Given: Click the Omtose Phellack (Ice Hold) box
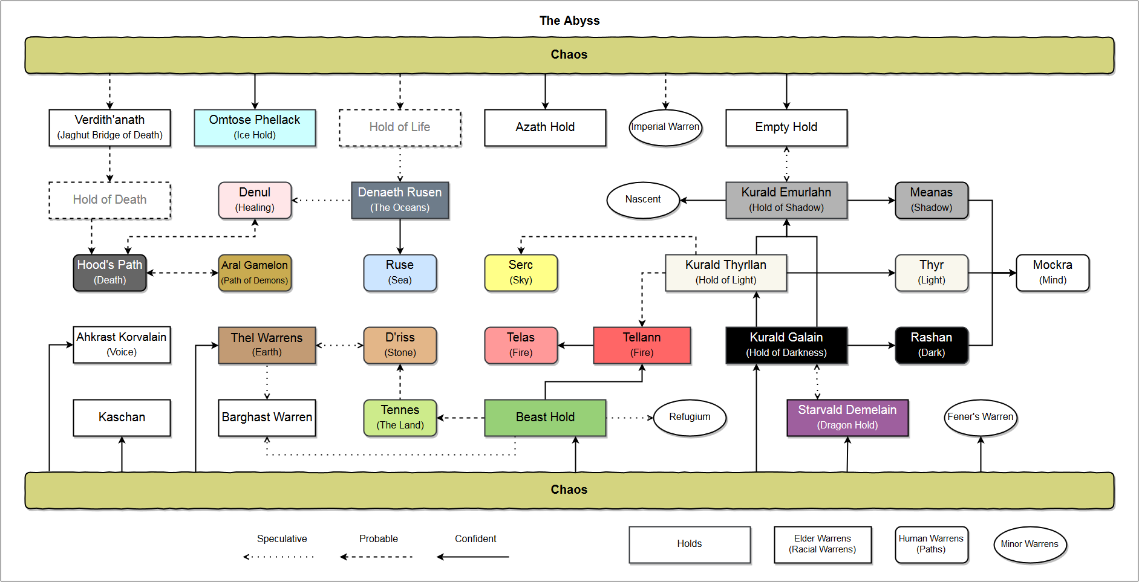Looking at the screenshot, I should tap(255, 128).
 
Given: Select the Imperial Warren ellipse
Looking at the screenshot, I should tap(665, 128).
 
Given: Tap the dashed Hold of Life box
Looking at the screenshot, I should tap(400, 128).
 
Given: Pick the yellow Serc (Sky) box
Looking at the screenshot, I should tap(521, 273).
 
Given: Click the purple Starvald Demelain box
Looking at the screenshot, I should tap(847, 418).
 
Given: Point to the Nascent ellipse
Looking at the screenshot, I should tap(643, 200).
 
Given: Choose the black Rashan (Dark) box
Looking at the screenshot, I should tap(932, 345).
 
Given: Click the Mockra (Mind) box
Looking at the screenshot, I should tap(1053, 273).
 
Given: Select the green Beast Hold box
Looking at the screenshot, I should tap(545, 418).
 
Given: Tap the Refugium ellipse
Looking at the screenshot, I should tap(690, 418).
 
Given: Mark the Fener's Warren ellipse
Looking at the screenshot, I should tap(981, 418).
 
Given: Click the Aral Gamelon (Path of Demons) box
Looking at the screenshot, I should tap(255, 273).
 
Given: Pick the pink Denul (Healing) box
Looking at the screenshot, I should tap(255, 200).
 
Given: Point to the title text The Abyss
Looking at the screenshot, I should tap(569, 21).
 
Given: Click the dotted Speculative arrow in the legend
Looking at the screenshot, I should tap(279, 557).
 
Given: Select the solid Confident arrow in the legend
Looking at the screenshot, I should tap(473, 557).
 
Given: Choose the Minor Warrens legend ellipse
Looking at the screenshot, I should tap(1030, 545).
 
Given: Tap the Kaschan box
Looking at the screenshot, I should tap(122, 418).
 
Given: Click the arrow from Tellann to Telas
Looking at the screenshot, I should tap(575, 346).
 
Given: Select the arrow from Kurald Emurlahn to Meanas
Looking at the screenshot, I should tap(871, 200).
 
